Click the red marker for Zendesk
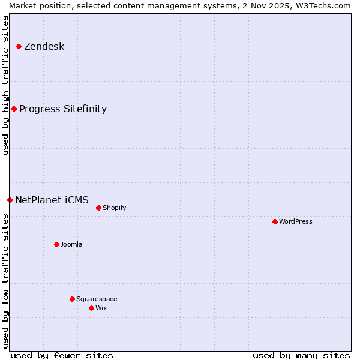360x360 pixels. click(x=19, y=46)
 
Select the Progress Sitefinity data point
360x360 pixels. click(x=14, y=109)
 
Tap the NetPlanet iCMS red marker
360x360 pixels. click(x=10, y=200)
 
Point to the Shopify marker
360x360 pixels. click(x=98, y=208)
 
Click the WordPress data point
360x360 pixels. click(x=275, y=221)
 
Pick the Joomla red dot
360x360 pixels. click(x=56, y=244)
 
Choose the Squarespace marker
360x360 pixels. click(x=72, y=299)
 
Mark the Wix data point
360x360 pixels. click(x=91, y=308)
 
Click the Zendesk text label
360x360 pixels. click(x=44, y=46)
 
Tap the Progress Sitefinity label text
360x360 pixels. click(x=63, y=109)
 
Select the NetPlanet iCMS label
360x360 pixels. click(x=52, y=200)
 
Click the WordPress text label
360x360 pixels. click(x=296, y=221)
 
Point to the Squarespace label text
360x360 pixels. click(x=97, y=299)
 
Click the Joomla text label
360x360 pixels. click(x=71, y=244)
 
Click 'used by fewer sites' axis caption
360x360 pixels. click(x=62, y=355)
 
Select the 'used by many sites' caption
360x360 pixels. click(x=301, y=355)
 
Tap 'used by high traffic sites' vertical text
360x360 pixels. click(x=5, y=85)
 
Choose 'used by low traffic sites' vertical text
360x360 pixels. click(x=5, y=280)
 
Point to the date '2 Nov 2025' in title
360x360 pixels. click(x=265, y=5)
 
